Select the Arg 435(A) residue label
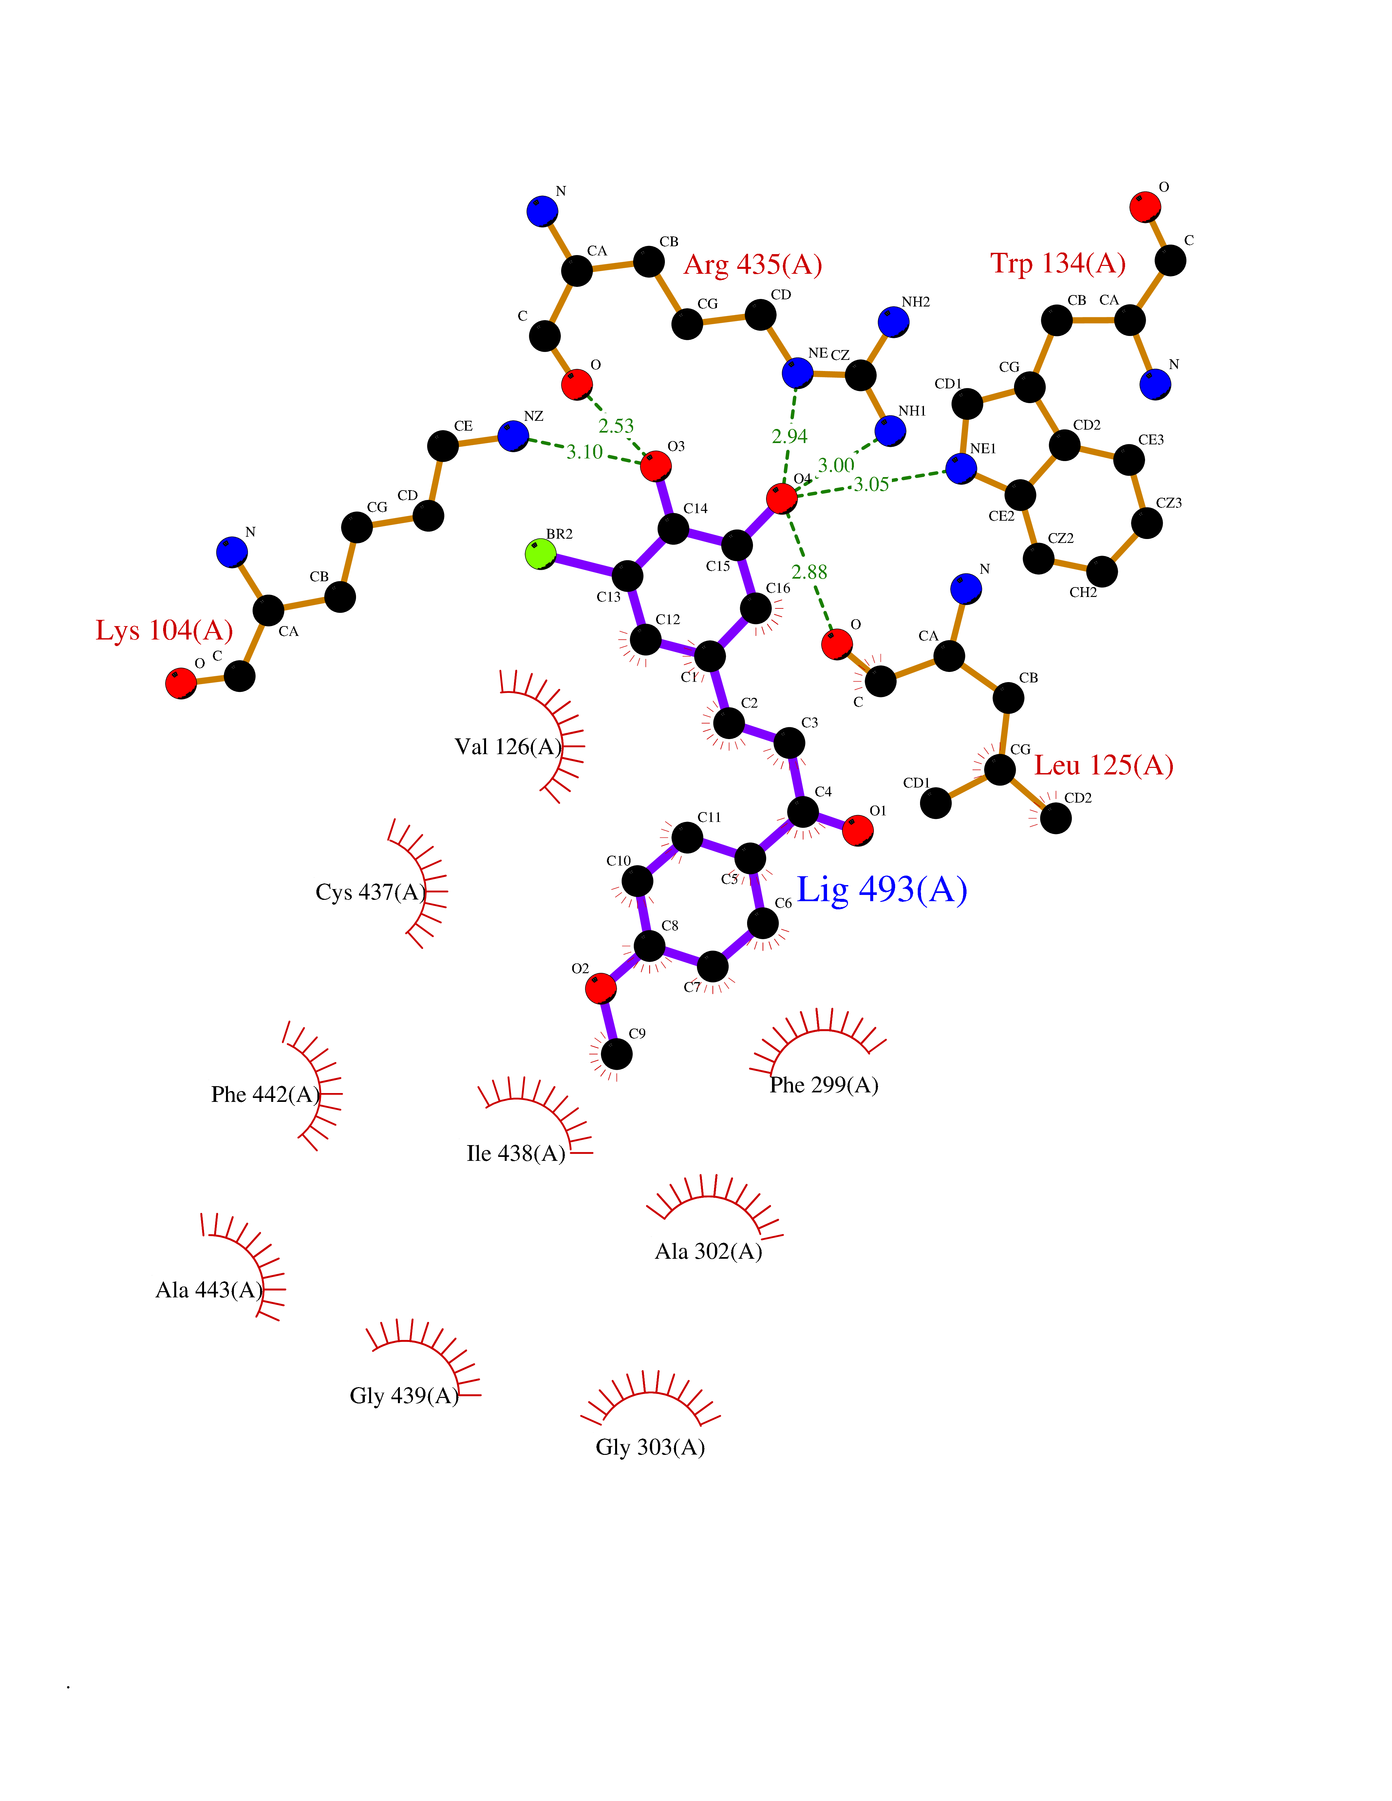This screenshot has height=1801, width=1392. pos(753,265)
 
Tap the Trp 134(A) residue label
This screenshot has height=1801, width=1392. pos(1058,263)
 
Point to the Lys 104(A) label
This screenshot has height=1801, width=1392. pos(164,630)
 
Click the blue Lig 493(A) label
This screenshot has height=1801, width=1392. pos(881,890)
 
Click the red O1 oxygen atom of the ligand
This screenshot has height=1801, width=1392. pos(857,830)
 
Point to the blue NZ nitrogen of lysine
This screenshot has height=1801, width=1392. pos(513,436)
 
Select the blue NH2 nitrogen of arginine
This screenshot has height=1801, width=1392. pos(893,322)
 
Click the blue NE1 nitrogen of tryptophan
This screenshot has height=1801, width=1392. pos(961,468)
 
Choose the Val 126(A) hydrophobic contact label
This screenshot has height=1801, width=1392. pos(508,747)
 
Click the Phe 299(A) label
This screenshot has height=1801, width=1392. pos(824,1085)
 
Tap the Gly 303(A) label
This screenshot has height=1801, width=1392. pos(650,1447)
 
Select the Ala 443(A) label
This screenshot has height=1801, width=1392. pos(209,1290)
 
